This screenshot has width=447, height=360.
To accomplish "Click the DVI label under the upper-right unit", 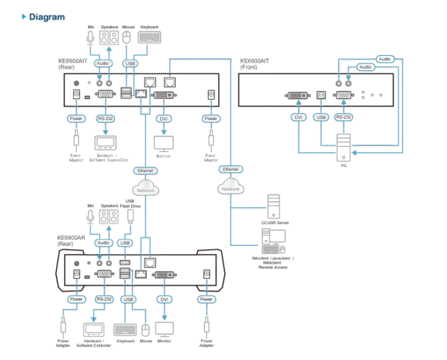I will click(297, 118).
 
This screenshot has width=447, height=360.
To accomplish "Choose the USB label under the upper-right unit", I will click(321, 118).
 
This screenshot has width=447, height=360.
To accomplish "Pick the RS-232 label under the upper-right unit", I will click(343, 118).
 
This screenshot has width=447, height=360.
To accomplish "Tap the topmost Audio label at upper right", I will click(384, 58).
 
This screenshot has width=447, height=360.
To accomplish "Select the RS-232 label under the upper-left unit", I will click(106, 118).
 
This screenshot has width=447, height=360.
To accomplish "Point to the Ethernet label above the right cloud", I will click(231, 171).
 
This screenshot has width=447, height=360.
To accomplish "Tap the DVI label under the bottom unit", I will click(164, 299).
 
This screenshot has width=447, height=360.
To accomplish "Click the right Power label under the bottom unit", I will click(206, 299).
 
